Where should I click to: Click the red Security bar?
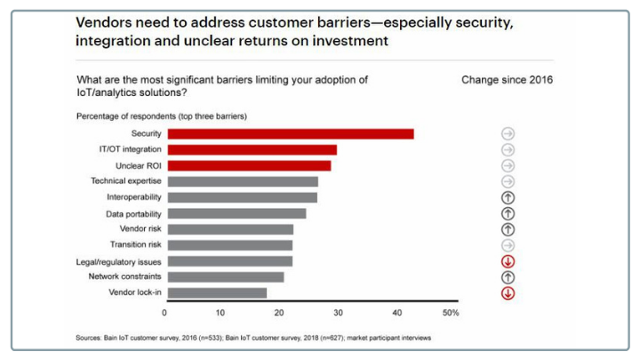point(290,134)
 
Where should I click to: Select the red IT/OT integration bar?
point(252,150)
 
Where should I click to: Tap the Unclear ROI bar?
point(248,165)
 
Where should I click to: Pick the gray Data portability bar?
point(236,213)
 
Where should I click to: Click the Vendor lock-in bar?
point(216,292)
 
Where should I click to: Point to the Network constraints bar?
point(225,276)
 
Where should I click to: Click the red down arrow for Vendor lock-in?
point(508,292)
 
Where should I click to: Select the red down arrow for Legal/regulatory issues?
point(508,261)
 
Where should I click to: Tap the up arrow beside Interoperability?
point(508,197)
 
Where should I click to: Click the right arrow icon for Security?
point(508,134)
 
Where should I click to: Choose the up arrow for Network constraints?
point(508,276)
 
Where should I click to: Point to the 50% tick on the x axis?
point(450,313)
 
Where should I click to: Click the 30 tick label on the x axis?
point(337,313)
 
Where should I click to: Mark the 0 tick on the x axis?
point(164,313)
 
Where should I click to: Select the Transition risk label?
point(135,244)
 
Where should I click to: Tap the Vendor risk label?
point(140,228)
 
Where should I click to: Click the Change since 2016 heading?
point(507,80)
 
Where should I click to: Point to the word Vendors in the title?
point(104,22)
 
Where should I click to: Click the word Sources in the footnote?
point(89,338)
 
